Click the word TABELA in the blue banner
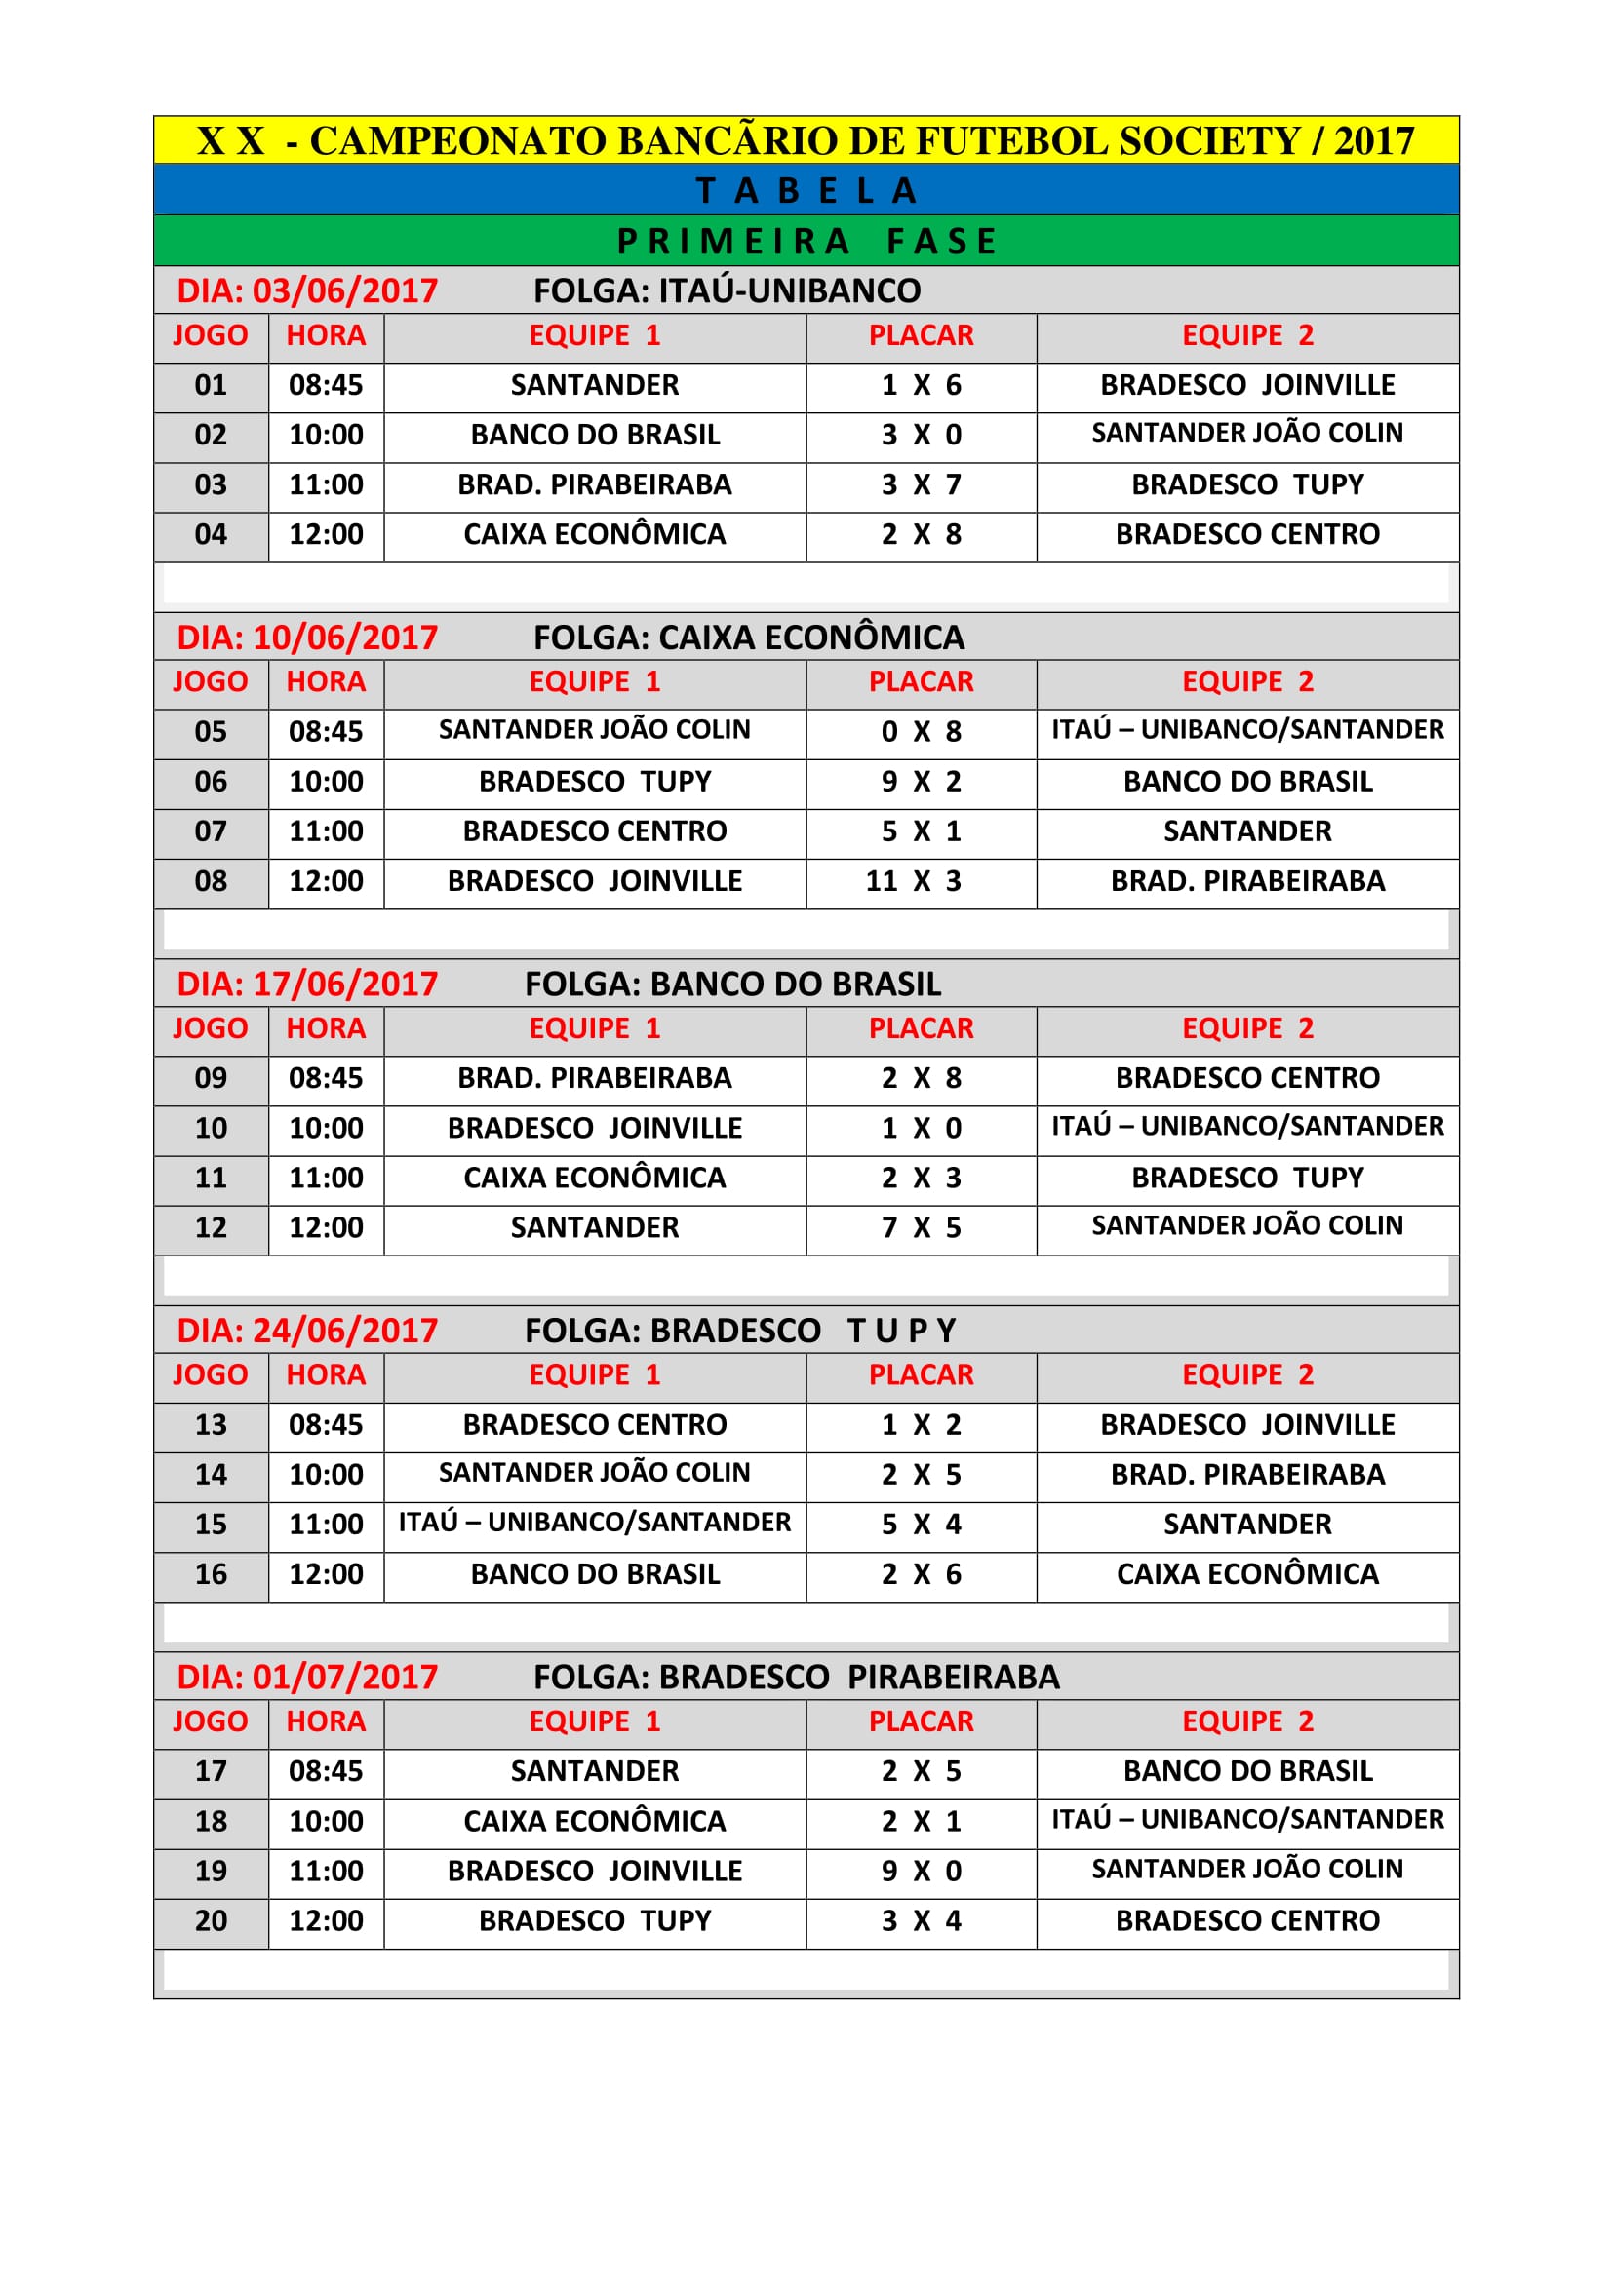(x=806, y=191)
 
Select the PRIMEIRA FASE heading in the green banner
(x=806, y=242)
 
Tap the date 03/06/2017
(x=344, y=290)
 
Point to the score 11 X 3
(x=913, y=881)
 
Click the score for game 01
(x=921, y=385)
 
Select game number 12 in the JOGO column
(x=211, y=1227)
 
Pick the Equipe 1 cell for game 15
(x=594, y=1523)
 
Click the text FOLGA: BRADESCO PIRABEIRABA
(x=796, y=1678)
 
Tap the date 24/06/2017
(x=344, y=1331)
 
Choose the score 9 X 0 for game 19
(x=921, y=1871)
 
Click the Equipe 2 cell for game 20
(x=1246, y=1920)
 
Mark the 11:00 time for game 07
(x=326, y=831)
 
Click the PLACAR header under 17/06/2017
(x=921, y=1028)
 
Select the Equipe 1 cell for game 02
(x=594, y=435)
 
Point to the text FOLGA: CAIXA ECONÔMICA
(x=748, y=638)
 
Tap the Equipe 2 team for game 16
(x=1246, y=1574)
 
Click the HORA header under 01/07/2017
(x=326, y=1720)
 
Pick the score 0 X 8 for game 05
(x=921, y=732)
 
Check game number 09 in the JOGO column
(x=211, y=1078)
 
